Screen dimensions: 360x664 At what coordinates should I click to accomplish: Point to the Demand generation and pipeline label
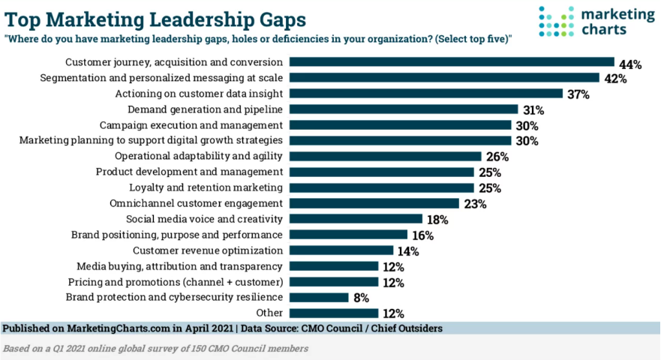(218, 109)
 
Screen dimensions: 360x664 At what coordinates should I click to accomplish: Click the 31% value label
(533, 110)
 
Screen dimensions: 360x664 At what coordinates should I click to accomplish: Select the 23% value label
(473, 204)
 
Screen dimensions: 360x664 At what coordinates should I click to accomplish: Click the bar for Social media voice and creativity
(356, 219)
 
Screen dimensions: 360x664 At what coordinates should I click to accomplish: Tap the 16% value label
(422, 235)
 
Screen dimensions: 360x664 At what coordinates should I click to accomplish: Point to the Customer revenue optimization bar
(341, 250)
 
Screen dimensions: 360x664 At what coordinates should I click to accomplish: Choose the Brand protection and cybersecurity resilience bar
(319, 298)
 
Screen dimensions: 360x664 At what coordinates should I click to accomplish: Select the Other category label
(269, 313)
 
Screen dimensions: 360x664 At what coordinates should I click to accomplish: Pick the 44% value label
(629, 64)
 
